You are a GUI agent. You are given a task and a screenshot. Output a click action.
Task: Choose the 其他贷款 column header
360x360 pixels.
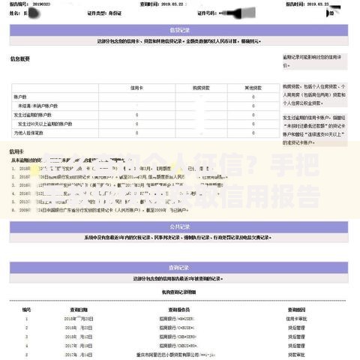click(x=253, y=88)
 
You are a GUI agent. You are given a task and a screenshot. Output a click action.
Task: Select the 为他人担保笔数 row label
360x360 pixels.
click(x=29, y=133)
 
